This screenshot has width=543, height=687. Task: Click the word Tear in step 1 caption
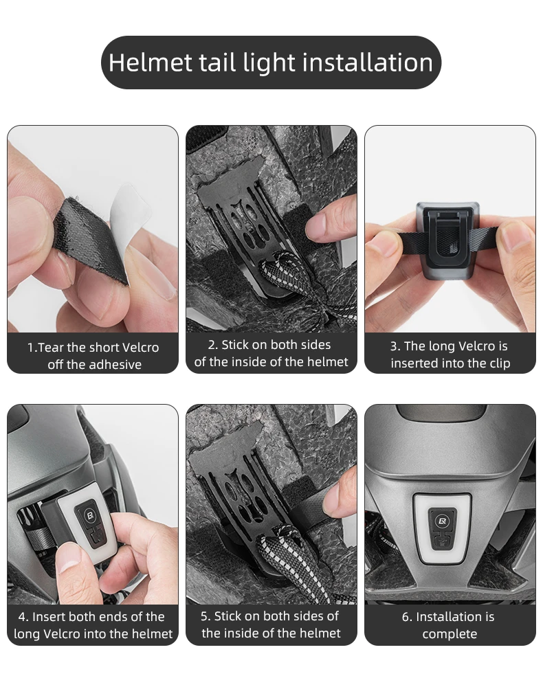coord(52,348)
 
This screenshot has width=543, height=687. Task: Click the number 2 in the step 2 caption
coord(212,346)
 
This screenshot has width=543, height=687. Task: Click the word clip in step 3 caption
coord(500,363)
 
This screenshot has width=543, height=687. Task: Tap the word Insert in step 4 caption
coord(49,617)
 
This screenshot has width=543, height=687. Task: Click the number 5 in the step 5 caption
coord(204,616)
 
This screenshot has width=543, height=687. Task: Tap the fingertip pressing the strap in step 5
coord(337,500)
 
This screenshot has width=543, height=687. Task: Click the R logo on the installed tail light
coord(442,521)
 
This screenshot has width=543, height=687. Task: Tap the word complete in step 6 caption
coord(450,634)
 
